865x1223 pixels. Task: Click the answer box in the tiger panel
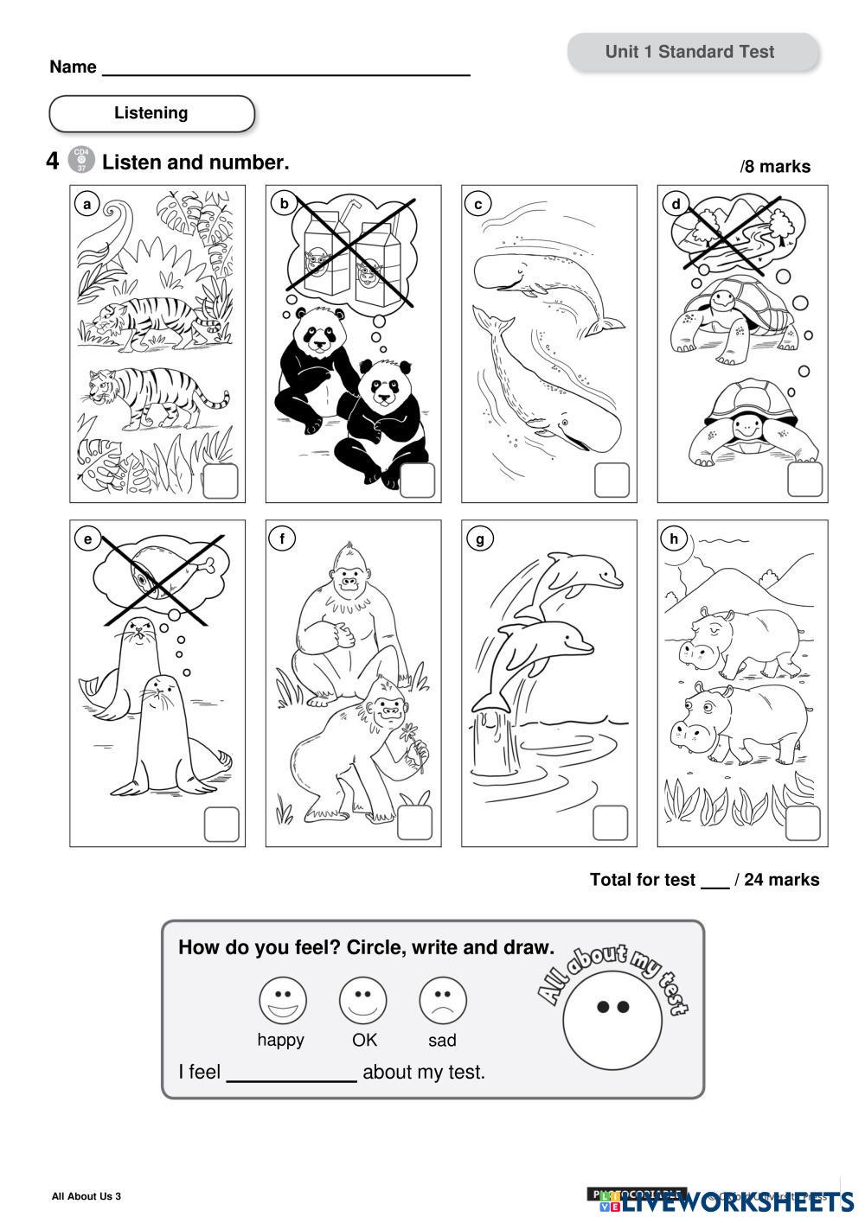tap(220, 481)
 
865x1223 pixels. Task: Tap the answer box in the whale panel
tap(611, 481)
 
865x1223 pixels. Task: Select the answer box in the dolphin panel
tap(610, 823)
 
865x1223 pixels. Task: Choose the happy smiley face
tap(282, 1000)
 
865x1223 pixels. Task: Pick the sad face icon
tap(442, 1000)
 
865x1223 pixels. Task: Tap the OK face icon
tap(362, 1000)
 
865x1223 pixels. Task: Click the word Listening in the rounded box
tap(151, 113)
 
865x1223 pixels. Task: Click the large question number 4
tap(53, 162)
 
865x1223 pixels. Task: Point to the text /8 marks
tap(775, 167)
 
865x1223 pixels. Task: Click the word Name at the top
tap(73, 67)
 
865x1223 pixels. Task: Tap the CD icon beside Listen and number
tap(80, 160)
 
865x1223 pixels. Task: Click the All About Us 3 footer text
tap(86, 1196)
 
